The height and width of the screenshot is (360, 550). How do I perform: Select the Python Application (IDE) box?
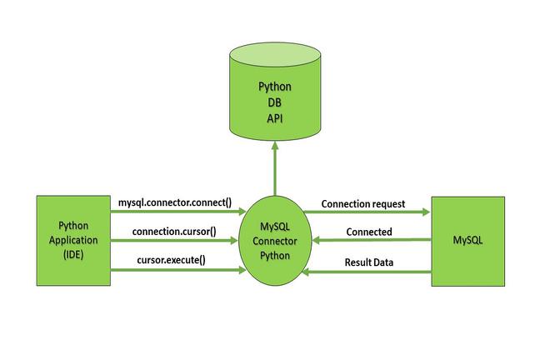(x=73, y=240)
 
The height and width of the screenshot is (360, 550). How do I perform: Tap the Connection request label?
(x=362, y=202)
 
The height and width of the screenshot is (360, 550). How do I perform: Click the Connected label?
(x=367, y=231)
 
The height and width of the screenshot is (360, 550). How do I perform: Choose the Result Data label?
(x=369, y=262)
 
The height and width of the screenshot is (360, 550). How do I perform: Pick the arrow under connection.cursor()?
(x=175, y=241)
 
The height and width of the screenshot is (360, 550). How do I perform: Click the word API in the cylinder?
(x=274, y=117)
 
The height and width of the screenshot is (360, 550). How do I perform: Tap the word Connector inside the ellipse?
(x=274, y=241)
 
